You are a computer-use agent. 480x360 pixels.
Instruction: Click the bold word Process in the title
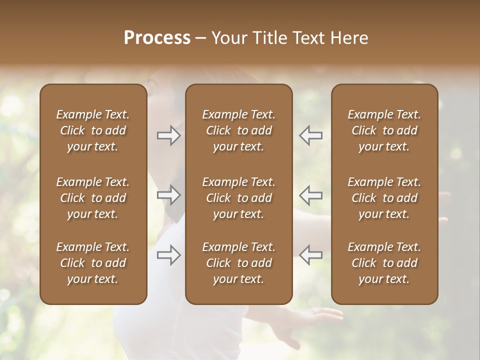pyautogui.click(x=157, y=38)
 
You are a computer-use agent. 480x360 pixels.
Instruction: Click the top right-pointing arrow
pyautogui.click(x=169, y=135)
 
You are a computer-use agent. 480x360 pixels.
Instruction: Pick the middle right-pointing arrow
pyautogui.click(x=169, y=195)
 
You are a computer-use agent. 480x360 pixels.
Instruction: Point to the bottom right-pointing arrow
pyautogui.click(x=169, y=254)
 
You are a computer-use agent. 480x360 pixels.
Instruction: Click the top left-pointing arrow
pyautogui.click(x=310, y=135)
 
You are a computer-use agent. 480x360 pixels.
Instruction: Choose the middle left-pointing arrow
pyautogui.click(x=310, y=195)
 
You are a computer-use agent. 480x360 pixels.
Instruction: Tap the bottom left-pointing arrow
pyautogui.click(x=310, y=254)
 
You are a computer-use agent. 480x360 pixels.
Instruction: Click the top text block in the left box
pyautogui.click(x=93, y=130)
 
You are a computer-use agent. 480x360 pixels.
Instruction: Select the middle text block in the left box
pyautogui.click(x=93, y=198)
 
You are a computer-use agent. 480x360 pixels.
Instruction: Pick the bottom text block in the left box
pyautogui.click(x=93, y=263)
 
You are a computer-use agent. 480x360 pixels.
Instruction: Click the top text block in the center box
pyautogui.click(x=238, y=130)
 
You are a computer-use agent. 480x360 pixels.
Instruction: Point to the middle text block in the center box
pyautogui.click(x=238, y=198)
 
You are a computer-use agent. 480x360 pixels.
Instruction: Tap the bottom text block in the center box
pyautogui.click(x=238, y=263)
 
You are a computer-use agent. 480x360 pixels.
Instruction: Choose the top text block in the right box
pyautogui.click(x=384, y=130)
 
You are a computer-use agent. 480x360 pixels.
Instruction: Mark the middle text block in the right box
pyautogui.click(x=384, y=198)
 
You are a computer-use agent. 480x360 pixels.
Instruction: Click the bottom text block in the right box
pyautogui.click(x=384, y=263)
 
